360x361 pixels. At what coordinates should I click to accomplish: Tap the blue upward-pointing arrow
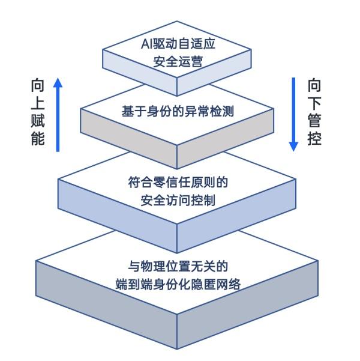click(58, 114)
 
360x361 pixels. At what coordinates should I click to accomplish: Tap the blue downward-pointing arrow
click(294, 114)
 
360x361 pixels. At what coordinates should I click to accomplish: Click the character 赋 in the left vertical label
click(37, 120)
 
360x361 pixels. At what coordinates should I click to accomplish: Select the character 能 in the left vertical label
click(37, 139)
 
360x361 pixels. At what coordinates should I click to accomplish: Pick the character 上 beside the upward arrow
click(37, 102)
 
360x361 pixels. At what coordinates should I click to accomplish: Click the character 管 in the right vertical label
click(314, 120)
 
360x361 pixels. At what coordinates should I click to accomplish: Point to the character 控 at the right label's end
click(314, 138)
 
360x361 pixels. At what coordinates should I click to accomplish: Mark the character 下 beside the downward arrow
click(314, 102)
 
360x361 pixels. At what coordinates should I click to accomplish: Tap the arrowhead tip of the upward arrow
click(58, 79)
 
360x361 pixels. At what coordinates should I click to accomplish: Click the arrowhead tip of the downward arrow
click(294, 150)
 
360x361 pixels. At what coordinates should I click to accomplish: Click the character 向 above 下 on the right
click(314, 84)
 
